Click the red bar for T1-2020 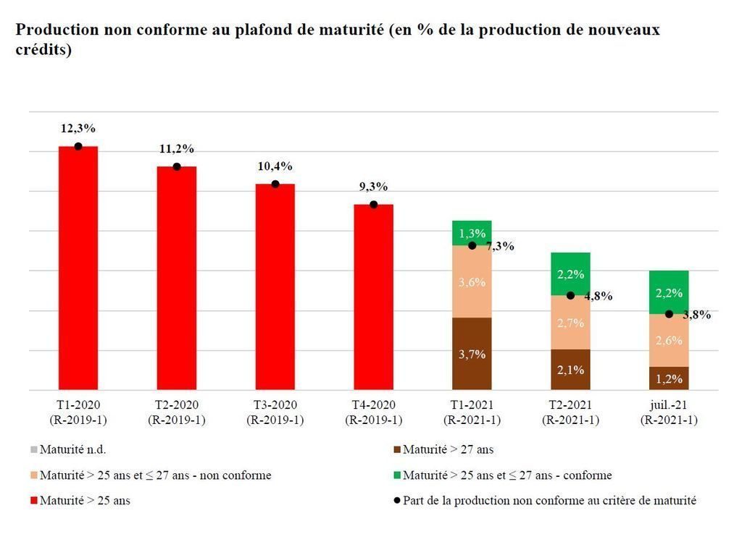pos(78,268)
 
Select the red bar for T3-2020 pos(275,287)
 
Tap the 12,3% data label pos(78,129)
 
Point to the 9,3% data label pos(374,187)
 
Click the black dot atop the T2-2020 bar pos(177,166)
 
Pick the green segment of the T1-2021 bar pos(472,233)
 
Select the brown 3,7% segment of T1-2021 pos(472,354)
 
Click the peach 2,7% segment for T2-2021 pos(570,323)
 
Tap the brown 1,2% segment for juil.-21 pos(669,378)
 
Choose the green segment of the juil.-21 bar pos(669,292)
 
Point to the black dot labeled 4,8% pos(570,295)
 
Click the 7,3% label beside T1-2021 pos(500,246)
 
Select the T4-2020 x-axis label pos(374,412)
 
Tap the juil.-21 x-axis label pos(669,412)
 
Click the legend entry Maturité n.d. pos(73,449)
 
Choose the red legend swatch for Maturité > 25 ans pos(33,500)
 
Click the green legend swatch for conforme pos(396,475)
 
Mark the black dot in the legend pos(396,500)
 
